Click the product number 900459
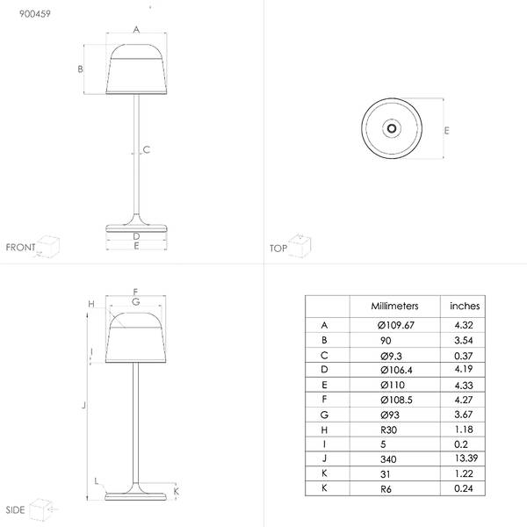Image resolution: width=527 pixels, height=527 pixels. coord(35,14)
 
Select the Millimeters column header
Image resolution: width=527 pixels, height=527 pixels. coord(394,306)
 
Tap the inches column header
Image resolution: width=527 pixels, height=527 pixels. coord(465,306)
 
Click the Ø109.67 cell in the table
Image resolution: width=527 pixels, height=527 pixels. coord(395,325)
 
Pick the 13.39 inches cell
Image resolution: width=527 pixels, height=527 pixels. coord(466,458)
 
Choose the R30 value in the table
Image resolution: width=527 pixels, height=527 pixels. coord(388,430)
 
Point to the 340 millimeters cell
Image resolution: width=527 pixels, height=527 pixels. coord(388,459)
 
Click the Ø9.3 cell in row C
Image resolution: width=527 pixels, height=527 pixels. coord(391,356)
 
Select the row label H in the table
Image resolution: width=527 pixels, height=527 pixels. coord(324,430)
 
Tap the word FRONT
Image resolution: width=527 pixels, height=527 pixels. coord(20,248)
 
